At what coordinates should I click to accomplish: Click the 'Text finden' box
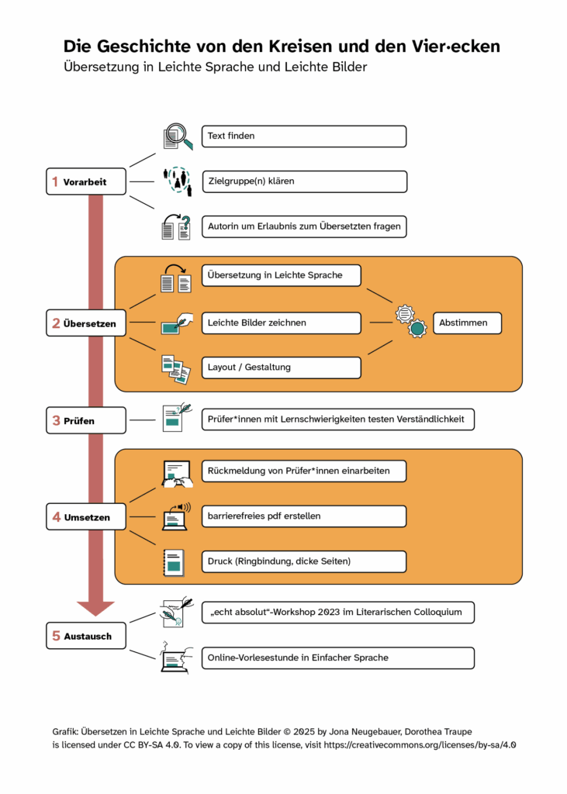(303, 136)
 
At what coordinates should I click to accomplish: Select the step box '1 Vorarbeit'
(85, 182)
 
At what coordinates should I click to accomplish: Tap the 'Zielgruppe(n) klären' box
(303, 181)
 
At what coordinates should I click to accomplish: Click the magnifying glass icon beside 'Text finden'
(177, 136)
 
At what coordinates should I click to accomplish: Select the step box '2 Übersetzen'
(85, 323)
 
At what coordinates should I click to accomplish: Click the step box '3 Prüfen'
(85, 420)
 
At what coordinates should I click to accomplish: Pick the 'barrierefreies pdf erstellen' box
(303, 516)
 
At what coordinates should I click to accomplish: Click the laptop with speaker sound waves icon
(175, 516)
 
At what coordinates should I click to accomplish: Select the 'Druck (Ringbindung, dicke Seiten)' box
(303, 561)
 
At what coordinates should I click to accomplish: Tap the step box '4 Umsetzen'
(85, 517)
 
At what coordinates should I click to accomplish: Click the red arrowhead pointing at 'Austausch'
(95, 607)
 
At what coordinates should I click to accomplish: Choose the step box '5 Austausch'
(85, 637)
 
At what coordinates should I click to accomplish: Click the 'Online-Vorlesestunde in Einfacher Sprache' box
(337, 658)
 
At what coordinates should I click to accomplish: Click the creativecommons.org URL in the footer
(424, 744)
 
